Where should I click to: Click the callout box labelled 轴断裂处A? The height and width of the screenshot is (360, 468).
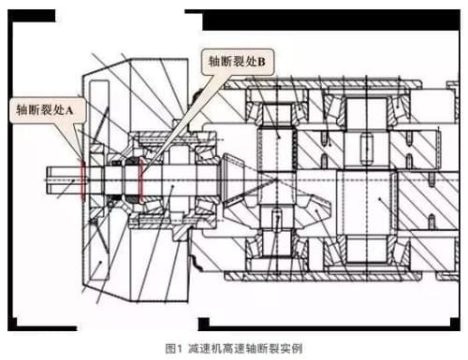tap(48, 110)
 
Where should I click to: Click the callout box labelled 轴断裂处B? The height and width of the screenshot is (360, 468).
tap(238, 62)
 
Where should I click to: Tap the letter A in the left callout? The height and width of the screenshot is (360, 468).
tap(69, 110)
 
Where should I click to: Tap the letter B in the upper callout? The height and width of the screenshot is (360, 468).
tap(261, 62)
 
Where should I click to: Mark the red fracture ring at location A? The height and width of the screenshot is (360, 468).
tap(83, 180)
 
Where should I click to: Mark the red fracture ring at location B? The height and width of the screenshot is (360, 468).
tap(140, 180)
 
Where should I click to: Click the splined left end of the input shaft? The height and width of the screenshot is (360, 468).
tap(64, 180)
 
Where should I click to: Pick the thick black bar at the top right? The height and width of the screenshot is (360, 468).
tap(330, 20)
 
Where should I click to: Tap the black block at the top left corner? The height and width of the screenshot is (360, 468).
tap(32, 16)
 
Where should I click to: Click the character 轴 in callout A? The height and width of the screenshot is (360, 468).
tap(22, 110)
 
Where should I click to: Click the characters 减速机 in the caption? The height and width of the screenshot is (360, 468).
tap(205, 348)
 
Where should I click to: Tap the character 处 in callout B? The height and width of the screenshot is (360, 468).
tap(251, 62)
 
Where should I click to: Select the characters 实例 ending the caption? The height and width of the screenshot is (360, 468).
tap(291, 348)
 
